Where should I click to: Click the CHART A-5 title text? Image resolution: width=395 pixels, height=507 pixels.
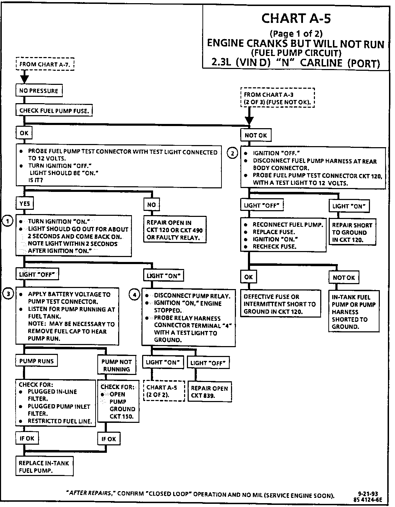tap(296, 18)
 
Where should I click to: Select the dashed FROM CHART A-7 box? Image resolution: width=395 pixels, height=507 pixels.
tap(45, 64)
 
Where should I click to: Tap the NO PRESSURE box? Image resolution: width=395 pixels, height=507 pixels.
tap(39, 91)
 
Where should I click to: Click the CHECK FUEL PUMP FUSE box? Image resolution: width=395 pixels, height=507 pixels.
tap(54, 111)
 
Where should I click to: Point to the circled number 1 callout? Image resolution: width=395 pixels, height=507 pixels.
tap(7, 221)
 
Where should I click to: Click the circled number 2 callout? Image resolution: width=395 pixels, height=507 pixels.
tap(232, 153)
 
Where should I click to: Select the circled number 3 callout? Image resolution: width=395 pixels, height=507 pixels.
tap(7, 294)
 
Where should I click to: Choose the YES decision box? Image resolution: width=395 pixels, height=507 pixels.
tap(25, 204)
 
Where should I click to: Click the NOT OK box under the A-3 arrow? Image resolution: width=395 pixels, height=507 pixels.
tap(256, 135)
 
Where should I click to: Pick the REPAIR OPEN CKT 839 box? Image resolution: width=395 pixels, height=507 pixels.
tap(209, 392)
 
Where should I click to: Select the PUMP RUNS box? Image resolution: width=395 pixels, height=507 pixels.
tap(36, 361)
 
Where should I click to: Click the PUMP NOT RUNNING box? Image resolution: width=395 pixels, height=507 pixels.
tap(116, 365)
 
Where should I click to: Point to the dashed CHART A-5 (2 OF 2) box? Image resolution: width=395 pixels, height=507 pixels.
tap(164, 391)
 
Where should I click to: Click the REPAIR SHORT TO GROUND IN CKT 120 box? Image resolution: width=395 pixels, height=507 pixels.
tap(352, 232)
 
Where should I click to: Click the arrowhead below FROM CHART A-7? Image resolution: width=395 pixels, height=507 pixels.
tap(24, 77)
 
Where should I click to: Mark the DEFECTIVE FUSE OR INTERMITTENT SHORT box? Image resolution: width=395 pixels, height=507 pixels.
tap(281, 304)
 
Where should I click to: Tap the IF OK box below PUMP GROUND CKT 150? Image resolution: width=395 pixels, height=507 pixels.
tap(109, 439)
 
